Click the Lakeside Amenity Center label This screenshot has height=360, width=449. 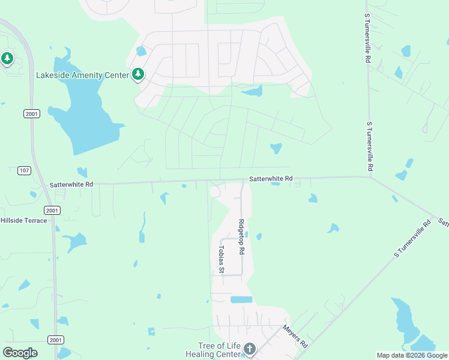(x=82, y=75)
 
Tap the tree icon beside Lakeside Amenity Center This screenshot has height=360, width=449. (x=139, y=74)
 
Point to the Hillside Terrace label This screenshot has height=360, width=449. (x=23, y=220)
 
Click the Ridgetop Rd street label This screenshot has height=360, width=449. (x=241, y=237)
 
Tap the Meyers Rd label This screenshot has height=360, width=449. (x=295, y=337)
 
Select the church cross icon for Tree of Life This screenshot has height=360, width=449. (x=249, y=349)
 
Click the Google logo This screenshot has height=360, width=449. (x=20, y=353)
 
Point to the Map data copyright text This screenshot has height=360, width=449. (x=412, y=355)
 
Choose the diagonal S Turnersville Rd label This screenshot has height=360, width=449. (x=413, y=239)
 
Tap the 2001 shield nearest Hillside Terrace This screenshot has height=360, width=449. (x=52, y=210)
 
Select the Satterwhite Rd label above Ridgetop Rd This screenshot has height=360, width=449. (x=271, y=178)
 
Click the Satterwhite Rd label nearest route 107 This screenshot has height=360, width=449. (x=71, y=185)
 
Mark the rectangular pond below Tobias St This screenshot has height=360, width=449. (x=241, y=299)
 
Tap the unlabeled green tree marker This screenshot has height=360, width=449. (x=7, y=59)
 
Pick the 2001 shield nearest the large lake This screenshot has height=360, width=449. (x=32, y=113)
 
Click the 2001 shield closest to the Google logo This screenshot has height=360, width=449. (x=56, y=340)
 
